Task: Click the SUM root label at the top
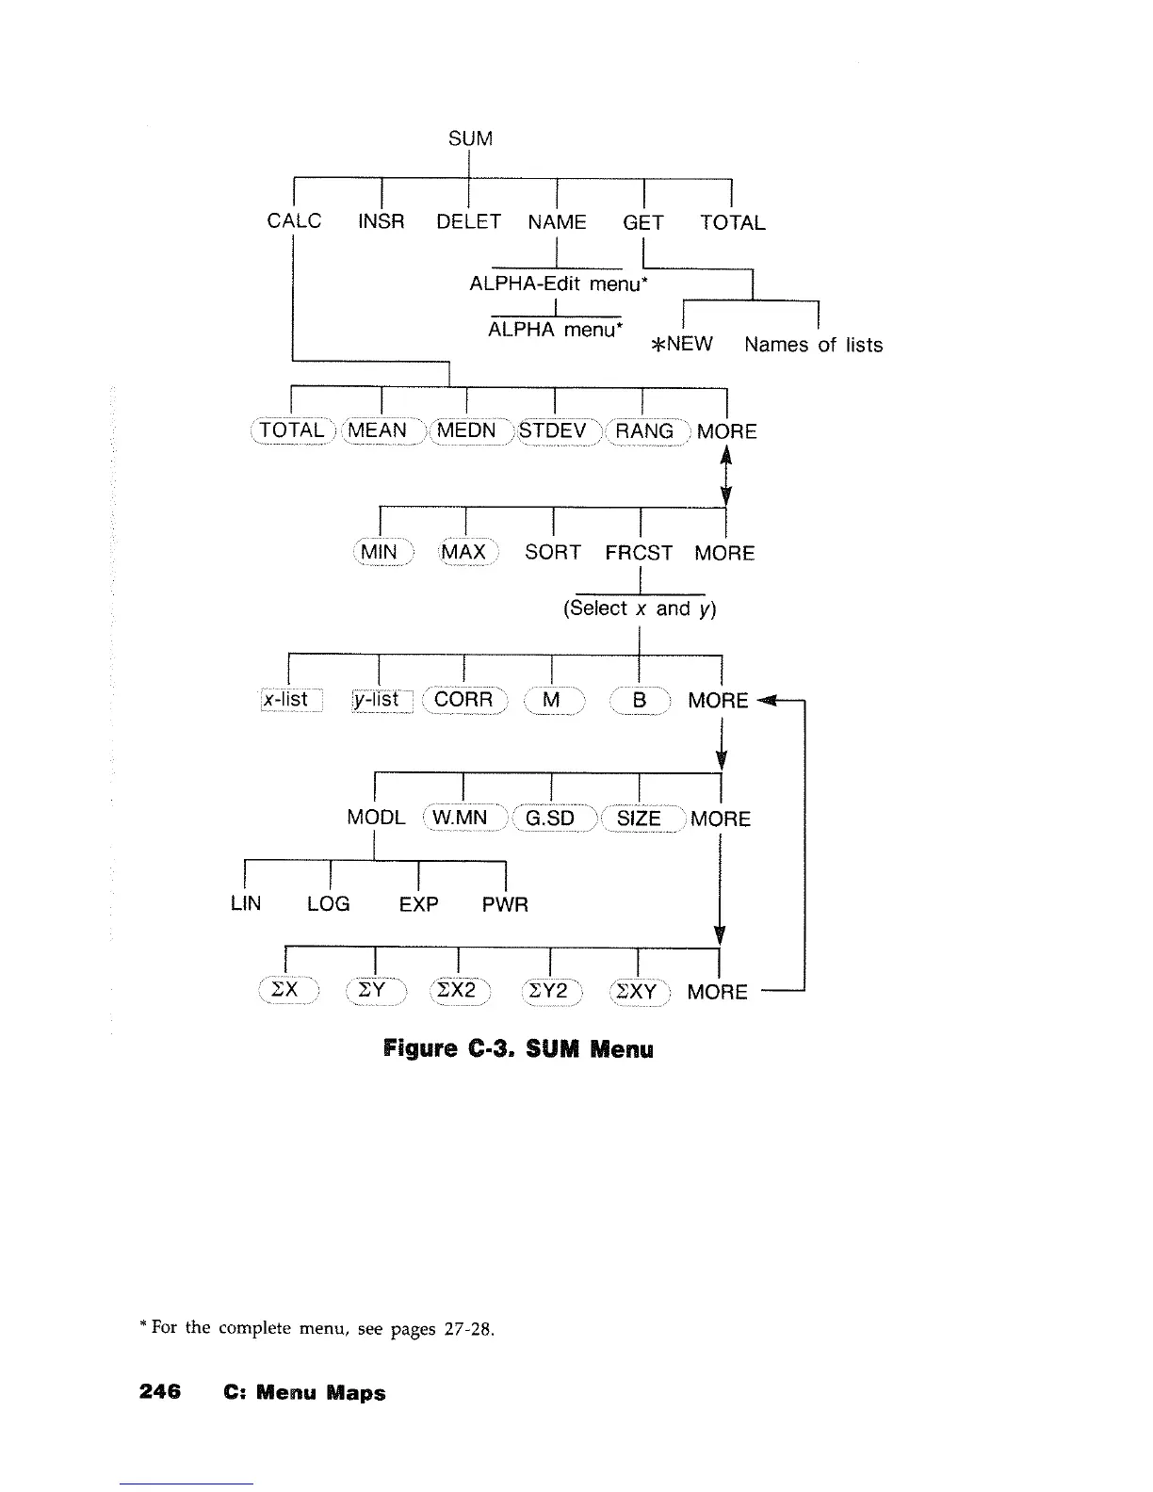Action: (470, 138)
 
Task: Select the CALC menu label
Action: (294, 221)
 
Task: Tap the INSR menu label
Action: (381, 222)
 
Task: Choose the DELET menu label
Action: (468, 222)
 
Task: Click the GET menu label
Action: (643, 223)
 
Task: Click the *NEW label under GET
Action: (683, 344)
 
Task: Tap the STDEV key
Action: (554, 431)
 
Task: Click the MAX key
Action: (463, 552)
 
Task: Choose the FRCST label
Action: (639, 553)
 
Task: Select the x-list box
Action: (290, 700)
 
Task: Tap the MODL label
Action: (376, 818)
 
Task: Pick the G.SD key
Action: (549, 818)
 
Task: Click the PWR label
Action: (505, 905)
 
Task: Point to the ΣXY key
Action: (638, 992)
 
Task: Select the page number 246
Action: (160, 1392)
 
